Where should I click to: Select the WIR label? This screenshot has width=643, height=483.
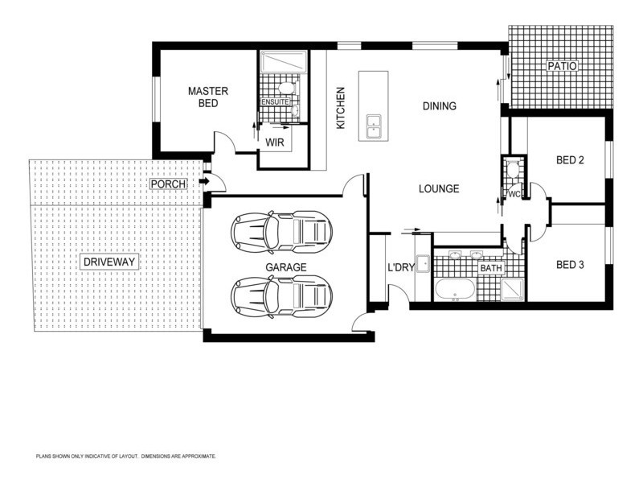click(275, 142)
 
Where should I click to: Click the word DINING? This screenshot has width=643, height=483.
click(440, 105)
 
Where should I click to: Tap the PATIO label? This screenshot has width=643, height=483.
click(561, 66)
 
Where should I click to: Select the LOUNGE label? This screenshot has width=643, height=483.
click(439, 189)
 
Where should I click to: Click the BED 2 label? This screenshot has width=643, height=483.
click(570, 160)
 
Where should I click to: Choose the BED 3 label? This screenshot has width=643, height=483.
click(570, 264)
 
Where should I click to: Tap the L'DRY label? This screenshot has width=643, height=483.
click(399, 267)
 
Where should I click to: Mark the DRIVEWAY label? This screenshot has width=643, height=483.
click(110, 262)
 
